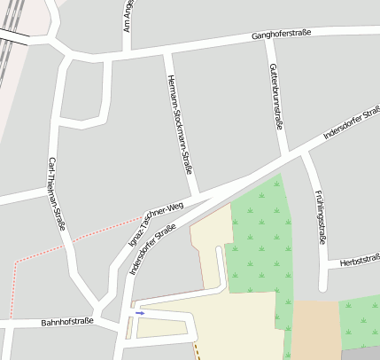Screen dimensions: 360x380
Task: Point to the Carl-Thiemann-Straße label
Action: pos(58,194)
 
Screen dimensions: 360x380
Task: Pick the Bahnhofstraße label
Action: pos(67,322)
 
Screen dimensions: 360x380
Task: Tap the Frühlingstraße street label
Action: pos(321,215)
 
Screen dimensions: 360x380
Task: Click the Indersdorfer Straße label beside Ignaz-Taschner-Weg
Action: pos(153,249)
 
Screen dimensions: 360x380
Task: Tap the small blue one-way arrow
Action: pos(140,313)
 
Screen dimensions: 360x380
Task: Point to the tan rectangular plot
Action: pos(316,329)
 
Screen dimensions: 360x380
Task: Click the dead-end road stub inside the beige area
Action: pos(221,266)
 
